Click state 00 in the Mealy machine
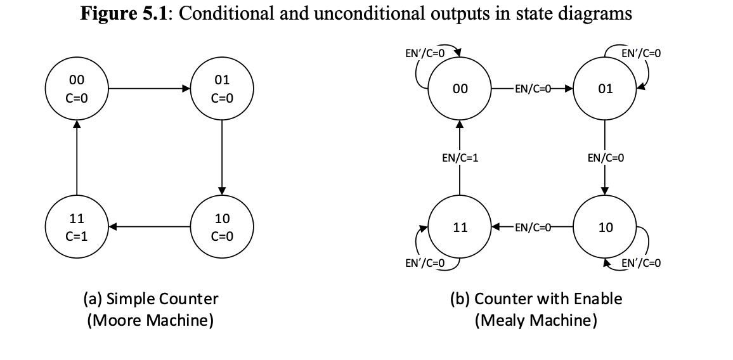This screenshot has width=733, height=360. [460, 89]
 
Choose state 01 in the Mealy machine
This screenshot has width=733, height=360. [605, 89]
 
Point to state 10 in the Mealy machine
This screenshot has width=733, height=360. [605, 227]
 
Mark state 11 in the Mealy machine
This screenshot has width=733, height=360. [460, 227]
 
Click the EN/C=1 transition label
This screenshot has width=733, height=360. [460, 158]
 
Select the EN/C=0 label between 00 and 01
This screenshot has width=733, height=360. [533, 89]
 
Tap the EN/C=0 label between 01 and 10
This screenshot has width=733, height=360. [606, 158]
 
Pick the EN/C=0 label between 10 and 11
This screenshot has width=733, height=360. [533, 227]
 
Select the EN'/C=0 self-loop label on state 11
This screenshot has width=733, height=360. [424, 262]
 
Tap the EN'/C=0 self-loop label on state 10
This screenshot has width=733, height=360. [642, 262]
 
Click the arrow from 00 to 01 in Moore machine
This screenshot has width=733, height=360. [150, 89]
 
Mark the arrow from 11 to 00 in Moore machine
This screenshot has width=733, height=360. [77, 158]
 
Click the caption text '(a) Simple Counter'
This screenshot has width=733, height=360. [150, 299]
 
